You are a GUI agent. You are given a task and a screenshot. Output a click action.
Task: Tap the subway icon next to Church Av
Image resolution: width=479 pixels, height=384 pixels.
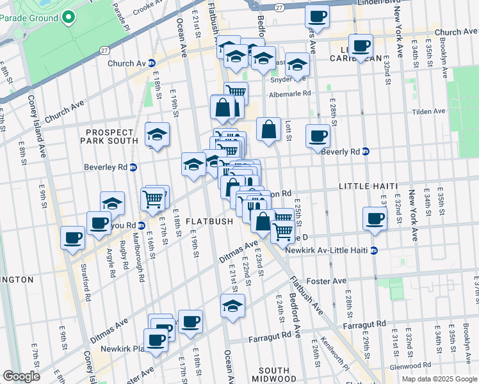152,63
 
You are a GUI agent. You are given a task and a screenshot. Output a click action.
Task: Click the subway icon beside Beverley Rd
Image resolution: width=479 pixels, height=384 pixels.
133,168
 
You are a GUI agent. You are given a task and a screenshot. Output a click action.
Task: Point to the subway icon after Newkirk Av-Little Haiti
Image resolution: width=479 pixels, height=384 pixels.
374,250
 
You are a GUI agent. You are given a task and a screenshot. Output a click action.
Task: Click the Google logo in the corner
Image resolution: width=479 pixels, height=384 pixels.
21,376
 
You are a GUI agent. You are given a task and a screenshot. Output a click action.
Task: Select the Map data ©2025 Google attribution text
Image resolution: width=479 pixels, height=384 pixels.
439,379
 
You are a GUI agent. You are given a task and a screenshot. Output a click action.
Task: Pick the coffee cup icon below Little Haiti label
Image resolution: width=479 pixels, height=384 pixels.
375,218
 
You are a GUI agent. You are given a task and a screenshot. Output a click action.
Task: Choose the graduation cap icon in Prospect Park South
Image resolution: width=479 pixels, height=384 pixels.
157,134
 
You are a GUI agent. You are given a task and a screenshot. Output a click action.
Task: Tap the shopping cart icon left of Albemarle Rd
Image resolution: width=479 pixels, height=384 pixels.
236,92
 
